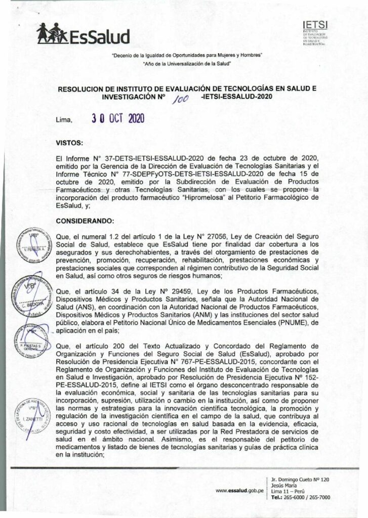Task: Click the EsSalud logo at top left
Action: click(84, 35)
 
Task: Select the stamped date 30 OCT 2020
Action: click(117, 119)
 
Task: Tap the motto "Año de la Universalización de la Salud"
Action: click(187, 63)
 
